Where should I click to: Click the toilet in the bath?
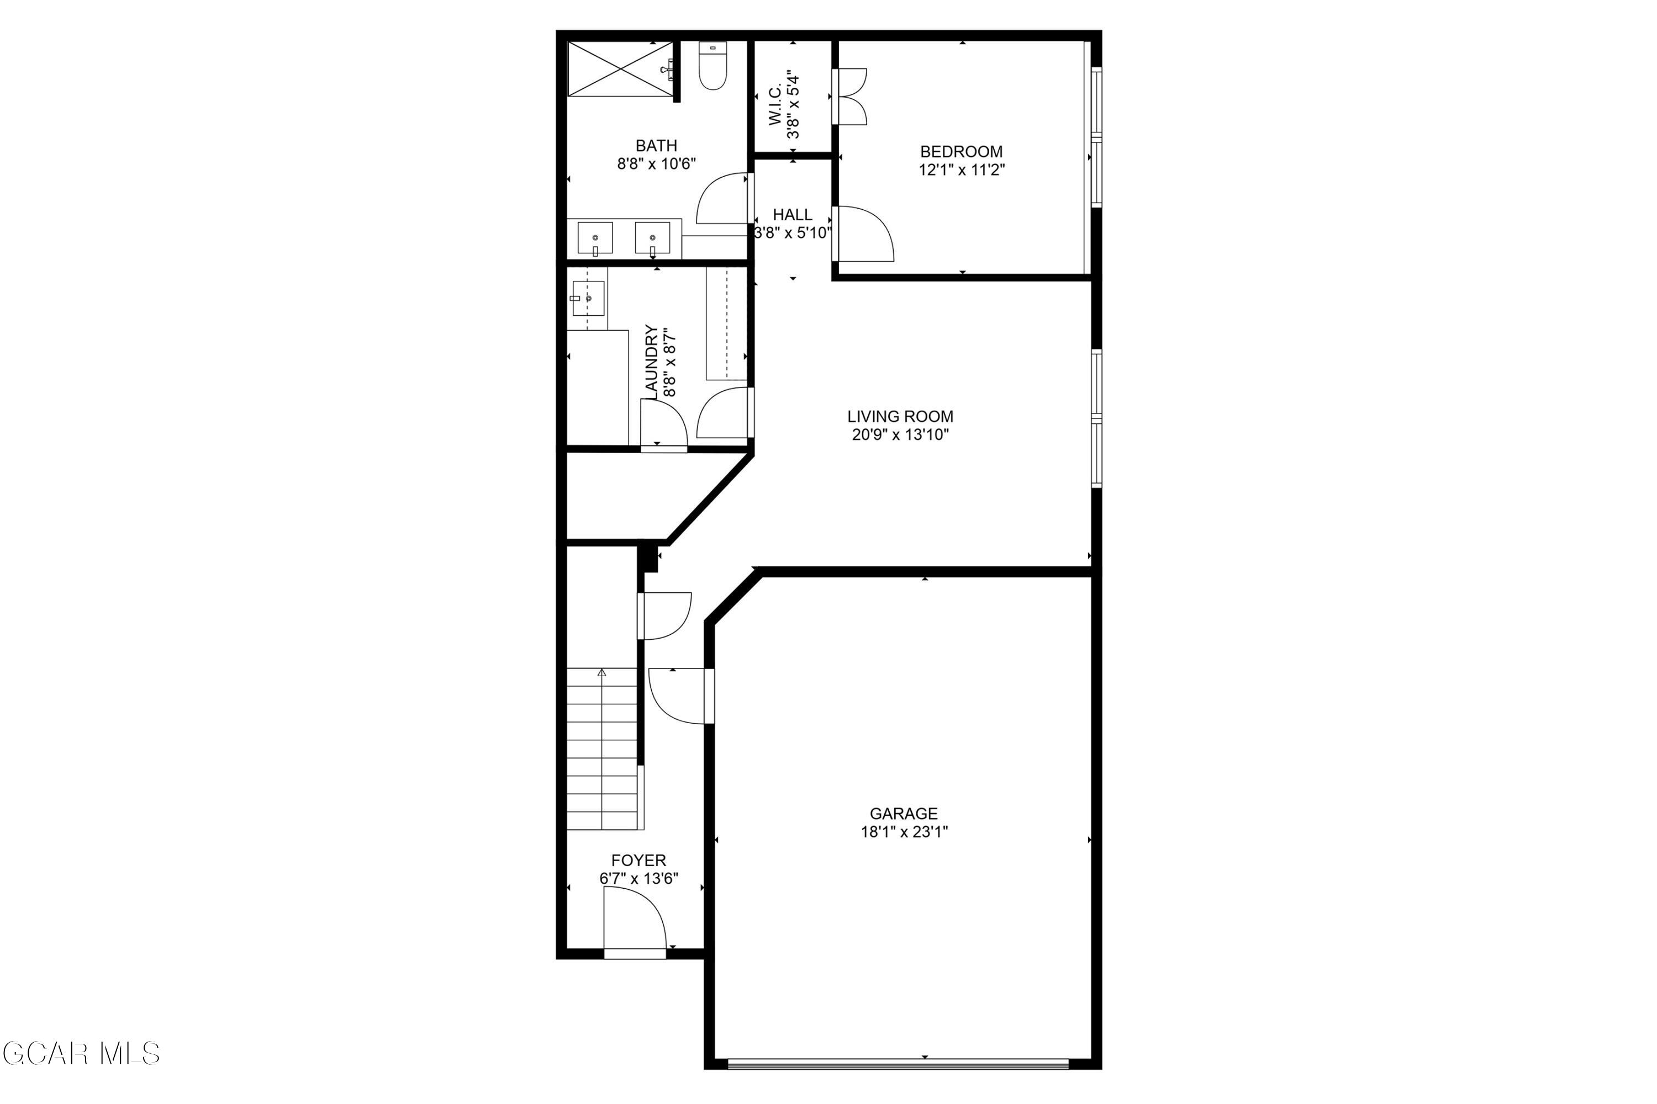pyautogui.click(x=713, y=66)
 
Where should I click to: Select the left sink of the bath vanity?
pyautogui.click(x=595, y=238)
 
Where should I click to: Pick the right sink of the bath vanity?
pyautogui.click(x=652, y=238)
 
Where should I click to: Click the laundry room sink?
pyautogui.click(x=588, y=299)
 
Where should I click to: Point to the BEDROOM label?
pyautogui.click(x=962, y=151)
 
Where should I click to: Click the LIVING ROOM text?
pyautogui.click(x=900, y=416)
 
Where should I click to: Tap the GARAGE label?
pyautogui.click(x=904, y=813)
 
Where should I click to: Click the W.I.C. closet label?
pyautogui.click(x=775, y=105)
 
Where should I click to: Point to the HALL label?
pyautogui.click(x=793, y=215)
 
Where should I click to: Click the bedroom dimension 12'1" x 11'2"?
pyautogui.click(x=962, y=169)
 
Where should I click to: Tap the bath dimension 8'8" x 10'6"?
pyautogui.click(x=657, y=164)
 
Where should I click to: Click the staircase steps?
pyautogui.click(x=603, y=749)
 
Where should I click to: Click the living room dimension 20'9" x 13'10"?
pyautogui.click(x=900, y=435)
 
